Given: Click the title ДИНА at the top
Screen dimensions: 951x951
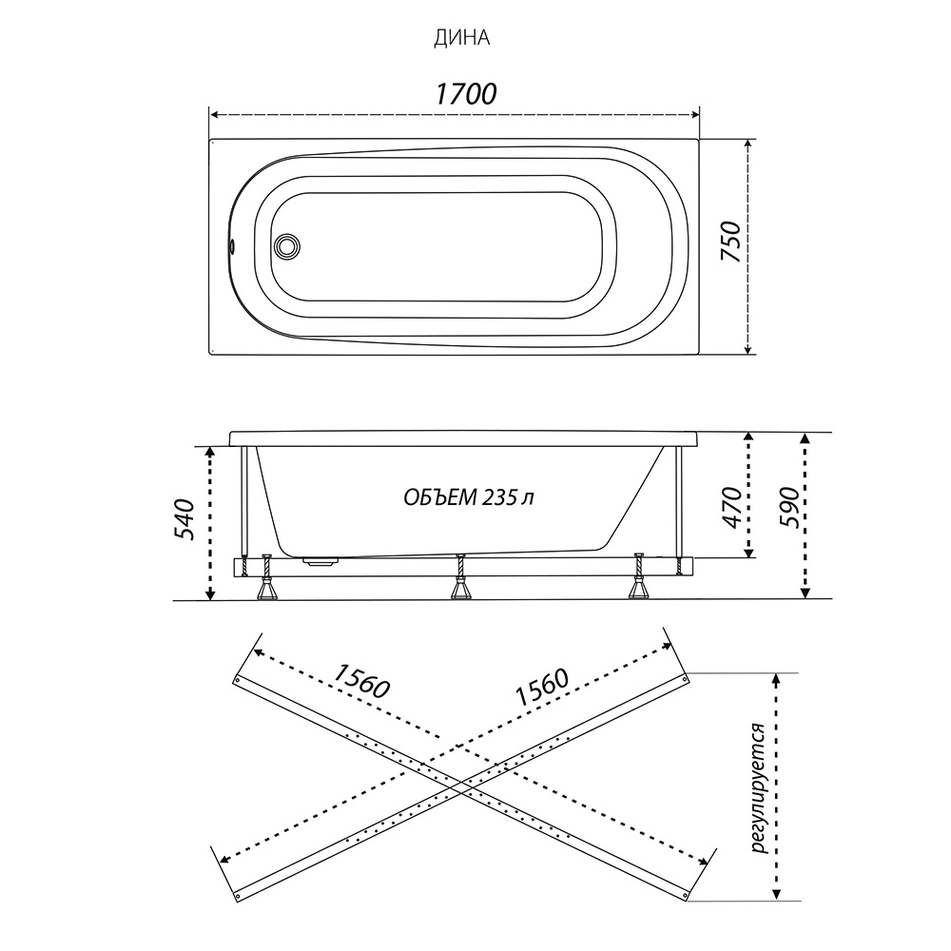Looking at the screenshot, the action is coord(461,38).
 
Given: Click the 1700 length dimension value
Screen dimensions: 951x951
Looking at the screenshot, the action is coord(466,93).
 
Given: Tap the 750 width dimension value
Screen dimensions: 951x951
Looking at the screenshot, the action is coord(730,242).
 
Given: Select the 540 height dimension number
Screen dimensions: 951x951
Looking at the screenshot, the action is coord(184,520).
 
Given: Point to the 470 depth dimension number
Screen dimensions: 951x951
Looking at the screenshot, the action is coord(732,508).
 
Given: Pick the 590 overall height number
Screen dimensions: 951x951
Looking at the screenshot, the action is coord(789,508).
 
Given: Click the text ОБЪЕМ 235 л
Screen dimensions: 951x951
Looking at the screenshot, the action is coord(469,498).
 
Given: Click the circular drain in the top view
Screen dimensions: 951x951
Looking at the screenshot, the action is coord(285,246).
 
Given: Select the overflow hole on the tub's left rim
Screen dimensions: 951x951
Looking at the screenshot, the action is coord(231,246).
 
